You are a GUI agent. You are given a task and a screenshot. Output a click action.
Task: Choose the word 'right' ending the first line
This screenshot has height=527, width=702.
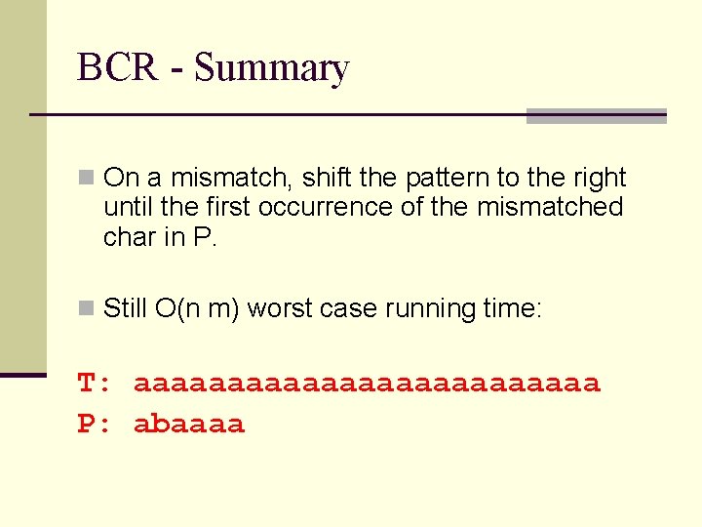tap(599, 179)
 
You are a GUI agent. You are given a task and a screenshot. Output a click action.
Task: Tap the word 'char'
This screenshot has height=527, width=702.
tap(130, 236)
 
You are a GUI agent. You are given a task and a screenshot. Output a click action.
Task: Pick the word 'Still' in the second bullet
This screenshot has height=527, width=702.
tap(126, 308)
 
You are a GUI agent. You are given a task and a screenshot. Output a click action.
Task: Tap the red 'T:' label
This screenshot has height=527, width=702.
tap(96, 384)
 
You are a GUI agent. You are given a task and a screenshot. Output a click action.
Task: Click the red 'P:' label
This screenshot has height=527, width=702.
tap(96, 425)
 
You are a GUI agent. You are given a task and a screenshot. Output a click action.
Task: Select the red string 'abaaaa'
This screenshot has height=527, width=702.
tap(189, 425)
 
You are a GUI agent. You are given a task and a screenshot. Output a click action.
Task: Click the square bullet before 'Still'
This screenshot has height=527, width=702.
tap(88, 309)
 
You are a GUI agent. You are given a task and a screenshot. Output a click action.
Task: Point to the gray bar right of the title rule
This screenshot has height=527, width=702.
tap(596, 116)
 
